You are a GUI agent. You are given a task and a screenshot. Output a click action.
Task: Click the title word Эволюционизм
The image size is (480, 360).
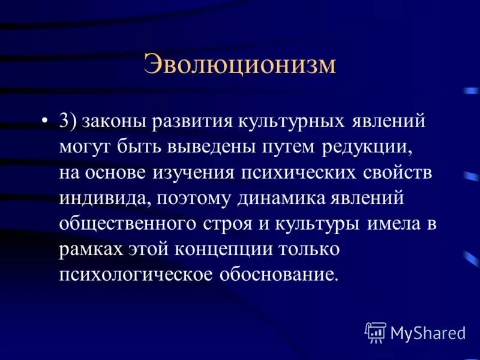tap(239, 65)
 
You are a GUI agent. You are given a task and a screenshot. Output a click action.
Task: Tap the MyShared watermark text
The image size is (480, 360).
tap(428, 332)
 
